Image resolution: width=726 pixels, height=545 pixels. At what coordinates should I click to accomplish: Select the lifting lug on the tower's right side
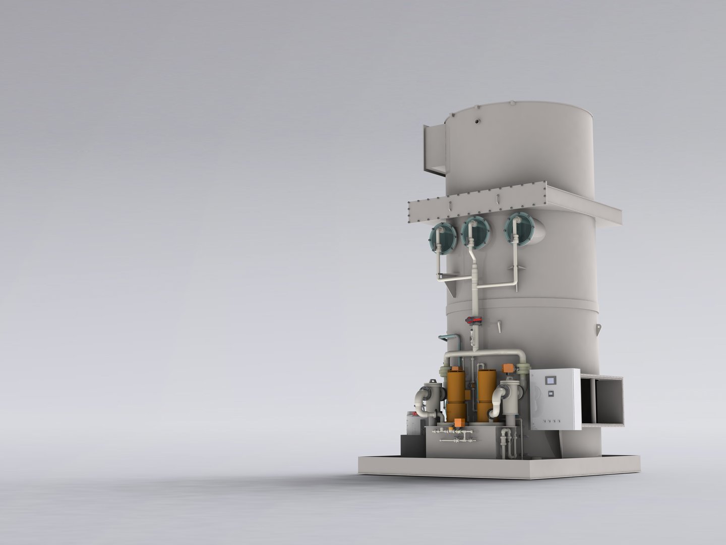click(x=597, y=331)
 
